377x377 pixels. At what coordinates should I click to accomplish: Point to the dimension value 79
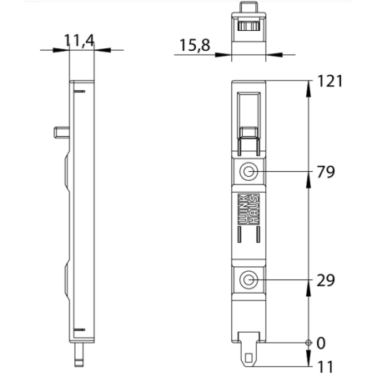point(326,173)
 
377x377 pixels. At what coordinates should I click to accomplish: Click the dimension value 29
point(326,280)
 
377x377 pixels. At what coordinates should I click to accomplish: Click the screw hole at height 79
point(248,173)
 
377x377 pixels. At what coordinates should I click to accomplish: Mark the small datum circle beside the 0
point(309,343)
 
